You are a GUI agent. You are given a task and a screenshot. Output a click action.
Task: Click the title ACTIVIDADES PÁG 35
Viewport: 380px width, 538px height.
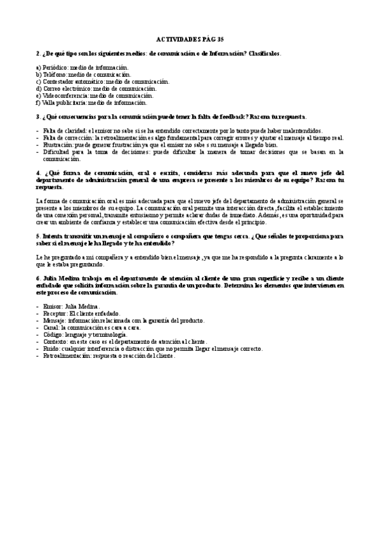coord(189,39)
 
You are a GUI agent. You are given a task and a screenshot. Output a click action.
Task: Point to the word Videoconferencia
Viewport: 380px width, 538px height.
coord(63,95)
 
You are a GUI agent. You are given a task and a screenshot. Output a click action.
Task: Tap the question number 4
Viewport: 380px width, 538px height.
coord(38,173)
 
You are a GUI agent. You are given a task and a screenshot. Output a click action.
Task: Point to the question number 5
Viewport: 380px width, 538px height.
coord(38,236)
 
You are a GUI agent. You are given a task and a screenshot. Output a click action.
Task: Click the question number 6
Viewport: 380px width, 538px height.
coord(38,278)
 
